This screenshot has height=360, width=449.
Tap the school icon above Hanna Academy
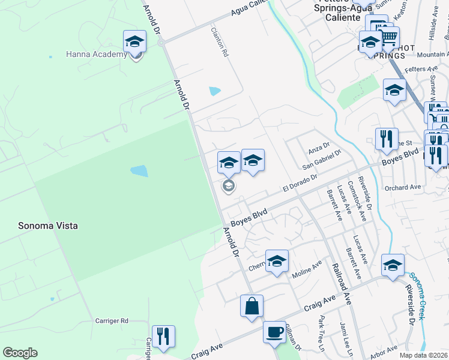point(135,42)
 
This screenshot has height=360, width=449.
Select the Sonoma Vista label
point(48,226)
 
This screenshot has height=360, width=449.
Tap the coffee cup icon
point(275,332)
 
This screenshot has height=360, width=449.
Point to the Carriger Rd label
point(112,321)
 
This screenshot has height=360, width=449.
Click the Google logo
point(20,353)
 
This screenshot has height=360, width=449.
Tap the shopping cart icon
point(389,38)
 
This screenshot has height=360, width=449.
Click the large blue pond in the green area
point(139,171)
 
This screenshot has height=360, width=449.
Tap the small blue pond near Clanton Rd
point(214,91)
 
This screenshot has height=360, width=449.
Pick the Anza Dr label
point(319,146)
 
